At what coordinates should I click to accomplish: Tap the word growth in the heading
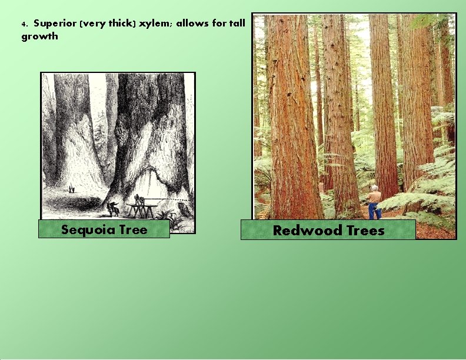40,36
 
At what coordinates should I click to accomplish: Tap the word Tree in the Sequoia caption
133,229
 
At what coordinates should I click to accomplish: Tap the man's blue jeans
375,211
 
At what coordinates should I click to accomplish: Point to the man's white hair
375,188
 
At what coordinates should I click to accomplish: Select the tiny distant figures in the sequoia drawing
72,189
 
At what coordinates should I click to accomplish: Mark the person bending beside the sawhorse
113,207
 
